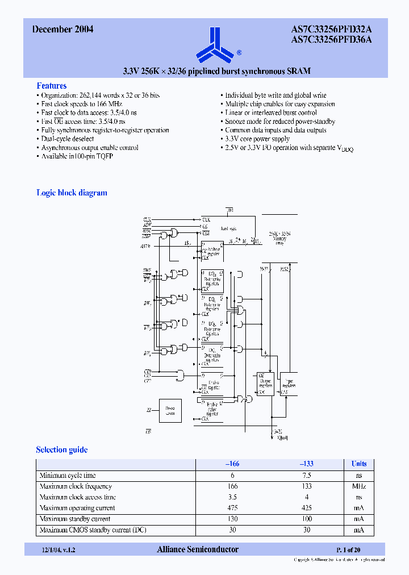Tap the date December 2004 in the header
tap(62, 30)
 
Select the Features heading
tap(52, 85)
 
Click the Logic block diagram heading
tap(72, 193)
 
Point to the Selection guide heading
tap(62, 449)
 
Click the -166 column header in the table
tap(232, 464)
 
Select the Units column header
tap(358, 464)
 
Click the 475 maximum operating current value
tap(232, 508)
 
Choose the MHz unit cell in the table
tap(358, 486)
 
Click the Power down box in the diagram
tap(170, 410)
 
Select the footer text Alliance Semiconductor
tap(197, 549)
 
